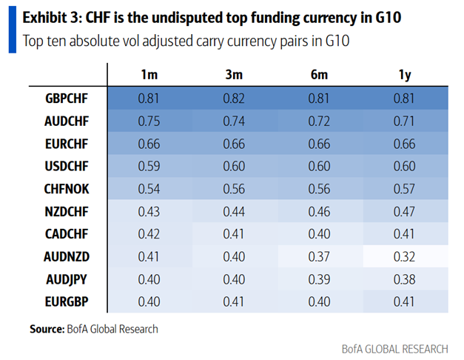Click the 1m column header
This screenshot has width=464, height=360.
coord(149,75)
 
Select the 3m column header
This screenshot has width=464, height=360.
coord(234,75)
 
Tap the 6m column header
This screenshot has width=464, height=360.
coord(319,75)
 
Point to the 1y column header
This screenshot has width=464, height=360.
coord(405,76)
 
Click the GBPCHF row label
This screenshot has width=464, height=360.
coord(67,99)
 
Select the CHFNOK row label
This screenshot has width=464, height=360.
coord(67,189)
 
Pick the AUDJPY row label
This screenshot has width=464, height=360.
coord(67,279)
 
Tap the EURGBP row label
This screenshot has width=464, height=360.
coord(67,301)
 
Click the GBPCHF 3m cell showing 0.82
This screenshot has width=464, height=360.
coord(234,99)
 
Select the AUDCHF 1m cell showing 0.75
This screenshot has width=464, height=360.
coord(149,121)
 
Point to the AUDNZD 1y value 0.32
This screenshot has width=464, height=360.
coord(405,256)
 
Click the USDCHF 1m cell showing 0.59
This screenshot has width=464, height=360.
coord(149,166)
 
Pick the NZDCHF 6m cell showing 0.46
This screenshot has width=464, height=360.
coord(319,212)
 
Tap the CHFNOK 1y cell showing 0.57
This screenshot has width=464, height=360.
coord(405,189)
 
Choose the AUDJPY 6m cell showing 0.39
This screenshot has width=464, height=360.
coord(319,279)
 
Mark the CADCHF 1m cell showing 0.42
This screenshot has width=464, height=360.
coord(149,234)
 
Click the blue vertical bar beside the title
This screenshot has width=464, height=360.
coord(13,30)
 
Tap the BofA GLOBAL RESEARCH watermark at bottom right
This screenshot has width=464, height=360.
coord(395,349)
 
